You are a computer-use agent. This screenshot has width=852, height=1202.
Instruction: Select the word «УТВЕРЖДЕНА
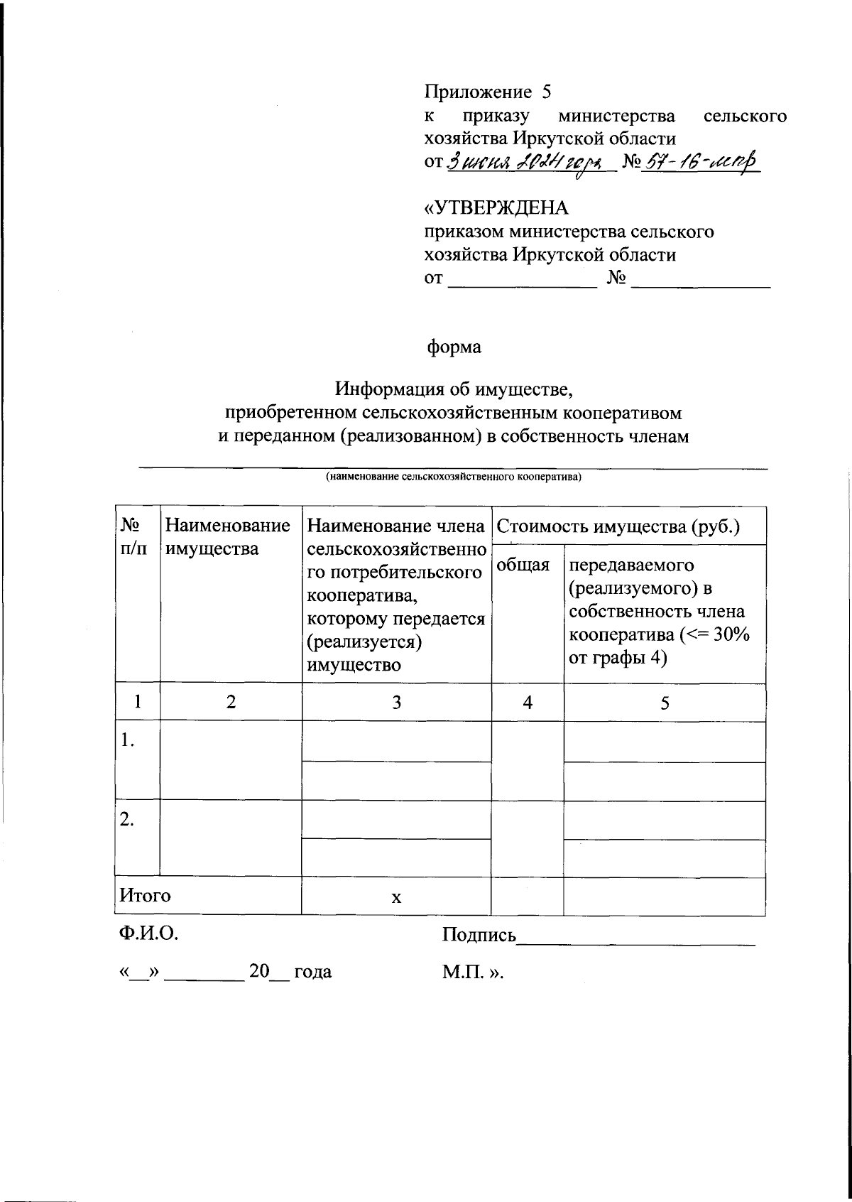496,208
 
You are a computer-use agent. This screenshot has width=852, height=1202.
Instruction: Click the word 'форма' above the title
454,347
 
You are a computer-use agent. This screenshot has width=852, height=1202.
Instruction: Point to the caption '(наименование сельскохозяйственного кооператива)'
453,477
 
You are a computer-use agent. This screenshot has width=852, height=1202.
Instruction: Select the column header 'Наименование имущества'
228,537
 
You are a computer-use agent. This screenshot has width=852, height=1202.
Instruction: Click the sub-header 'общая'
523,565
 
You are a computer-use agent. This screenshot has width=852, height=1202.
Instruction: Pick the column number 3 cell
396,703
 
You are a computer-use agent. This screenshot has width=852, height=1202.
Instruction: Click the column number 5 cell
665,703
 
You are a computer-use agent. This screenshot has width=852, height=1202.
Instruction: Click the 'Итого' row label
145,895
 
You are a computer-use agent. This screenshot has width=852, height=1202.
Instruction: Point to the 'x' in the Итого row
396,898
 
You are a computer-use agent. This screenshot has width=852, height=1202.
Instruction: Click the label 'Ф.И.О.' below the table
148,933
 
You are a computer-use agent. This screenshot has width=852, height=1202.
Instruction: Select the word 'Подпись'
479,935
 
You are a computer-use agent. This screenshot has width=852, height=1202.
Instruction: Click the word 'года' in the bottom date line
312,971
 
